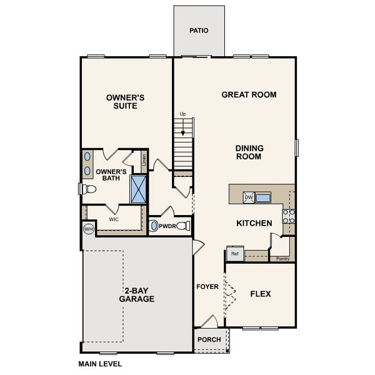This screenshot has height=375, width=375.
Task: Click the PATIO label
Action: tap(199, 30)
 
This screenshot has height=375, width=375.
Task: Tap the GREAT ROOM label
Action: tap(249, 95)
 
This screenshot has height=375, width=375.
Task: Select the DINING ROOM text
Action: tap(249, 152)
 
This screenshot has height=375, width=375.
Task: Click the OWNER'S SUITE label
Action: tap(125, 102)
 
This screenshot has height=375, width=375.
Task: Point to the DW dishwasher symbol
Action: tap(248, 197)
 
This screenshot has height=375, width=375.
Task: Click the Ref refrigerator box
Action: tap(235, 253)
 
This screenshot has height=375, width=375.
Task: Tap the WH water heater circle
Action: tap(89, 229)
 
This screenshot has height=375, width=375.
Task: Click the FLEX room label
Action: tap(260, 294)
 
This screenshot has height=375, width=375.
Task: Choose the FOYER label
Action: tap(207, 287)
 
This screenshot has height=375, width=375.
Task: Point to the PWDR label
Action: tap(167, 226)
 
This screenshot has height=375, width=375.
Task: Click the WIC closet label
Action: tap(114, 220)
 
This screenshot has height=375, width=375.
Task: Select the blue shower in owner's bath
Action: tap(137, 189)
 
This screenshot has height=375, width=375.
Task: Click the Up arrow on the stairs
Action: tap(183, 128)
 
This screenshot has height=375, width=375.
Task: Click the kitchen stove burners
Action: tap(289, 216)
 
